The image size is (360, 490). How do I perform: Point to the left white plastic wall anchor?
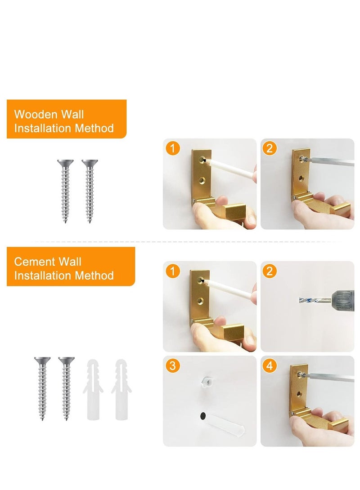(93, 389)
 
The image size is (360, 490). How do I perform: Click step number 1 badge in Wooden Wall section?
(171, 148)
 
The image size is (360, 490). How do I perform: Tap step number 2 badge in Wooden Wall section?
(269, 148)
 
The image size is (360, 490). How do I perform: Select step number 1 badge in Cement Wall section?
(171, 271)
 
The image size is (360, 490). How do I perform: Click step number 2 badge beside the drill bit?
(269, 271)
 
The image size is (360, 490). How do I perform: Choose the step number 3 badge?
(171, 365)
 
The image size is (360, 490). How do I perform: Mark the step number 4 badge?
(269, 365)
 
